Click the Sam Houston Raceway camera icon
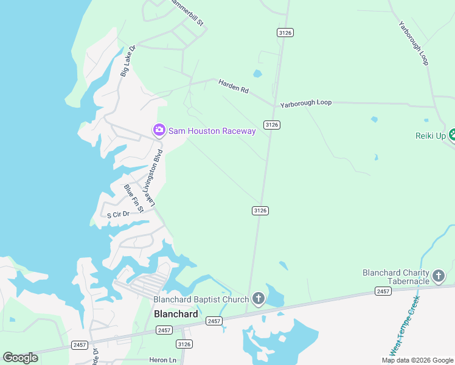[159, 130]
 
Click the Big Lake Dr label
[127, 61]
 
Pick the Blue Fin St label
[133, 198]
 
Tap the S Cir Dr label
[118, 214]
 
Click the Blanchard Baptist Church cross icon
[259, 299]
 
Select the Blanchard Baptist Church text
[201, 299]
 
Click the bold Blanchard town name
[176, 314]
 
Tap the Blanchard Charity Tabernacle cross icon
[439, 278]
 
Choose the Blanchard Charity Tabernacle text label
[396, 276]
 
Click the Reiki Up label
[431, 135]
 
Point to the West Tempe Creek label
[405, 325]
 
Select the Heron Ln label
[163, 360]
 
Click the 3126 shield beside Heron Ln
[185, 344]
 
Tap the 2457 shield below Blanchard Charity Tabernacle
[383, 292]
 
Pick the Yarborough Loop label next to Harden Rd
[306, 103]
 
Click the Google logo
[20, 358]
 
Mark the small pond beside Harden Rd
[257, 75]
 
